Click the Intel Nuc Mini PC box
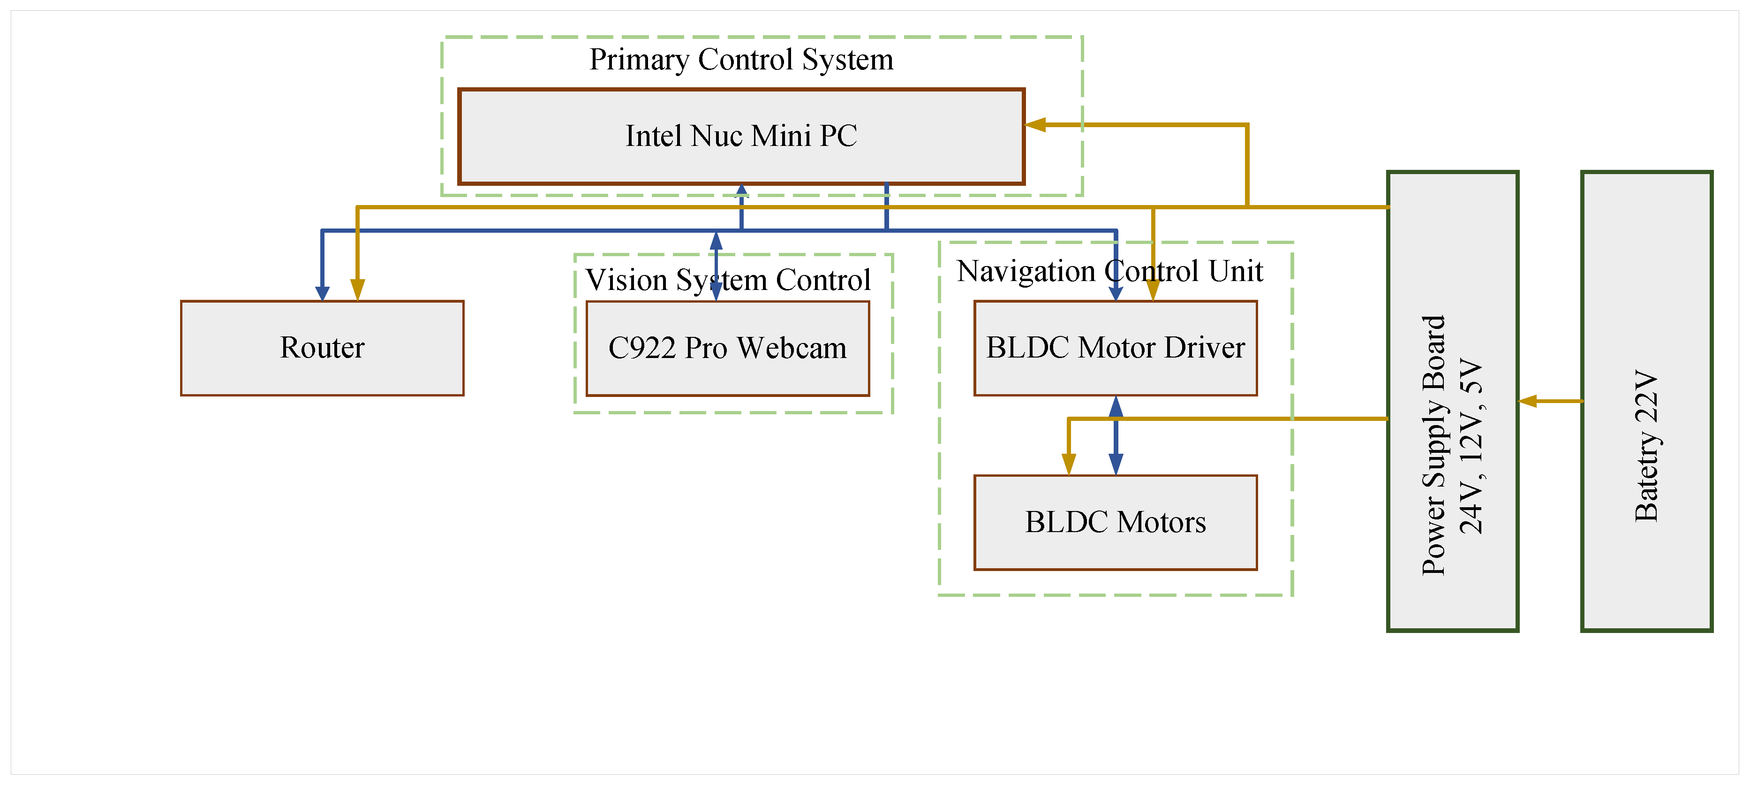(x=740, y=136)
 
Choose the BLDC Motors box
(x=1115, y=522)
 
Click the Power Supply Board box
(x=1452, y=401)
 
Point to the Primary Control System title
(x=740, y=59)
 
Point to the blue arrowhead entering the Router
(x=322, y=293)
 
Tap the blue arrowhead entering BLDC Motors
(x=1115, y=464)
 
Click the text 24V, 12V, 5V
(x=1471, y=445)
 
